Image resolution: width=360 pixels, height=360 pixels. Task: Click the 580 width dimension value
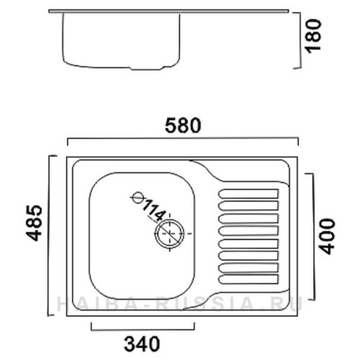pyautogui.click(x=183, y=125)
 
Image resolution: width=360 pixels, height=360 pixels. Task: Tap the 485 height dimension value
pyautogui.click(x=34, y=223)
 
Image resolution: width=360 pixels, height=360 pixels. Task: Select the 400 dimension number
pyautogui.click(x=328, y=236)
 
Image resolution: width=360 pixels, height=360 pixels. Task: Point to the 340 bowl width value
pyautogui.click(x=142, y=344)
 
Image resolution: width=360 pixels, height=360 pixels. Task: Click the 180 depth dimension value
pyautogui.click(x=312, y=36)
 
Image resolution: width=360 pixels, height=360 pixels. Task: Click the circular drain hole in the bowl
pyautogui.click(x=170, y=233)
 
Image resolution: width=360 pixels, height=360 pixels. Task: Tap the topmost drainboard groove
pyautogui.click(x=248, y=194)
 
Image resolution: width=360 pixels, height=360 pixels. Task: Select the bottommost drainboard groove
pyautogui.click(x=248, y=279)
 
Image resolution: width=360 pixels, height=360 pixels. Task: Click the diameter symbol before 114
pyautogui.click(x=138, y=197)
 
